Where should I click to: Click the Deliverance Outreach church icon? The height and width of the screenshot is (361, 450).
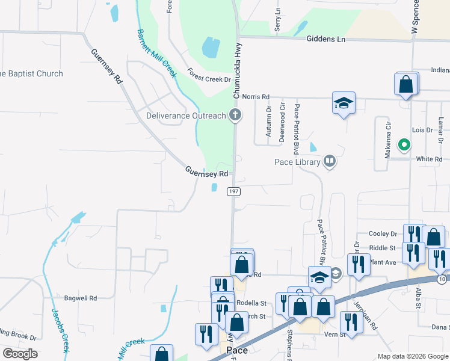point(236,116)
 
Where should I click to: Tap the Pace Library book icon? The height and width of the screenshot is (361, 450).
point(329,161)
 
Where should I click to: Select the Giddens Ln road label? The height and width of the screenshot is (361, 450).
point(326,39)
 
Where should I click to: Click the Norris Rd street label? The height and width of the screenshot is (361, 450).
point(257,96)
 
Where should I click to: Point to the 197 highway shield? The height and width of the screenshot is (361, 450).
point(233,191)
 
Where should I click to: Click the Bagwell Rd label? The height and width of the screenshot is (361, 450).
point(81,298)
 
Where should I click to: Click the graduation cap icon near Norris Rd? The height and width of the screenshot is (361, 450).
point(344,103)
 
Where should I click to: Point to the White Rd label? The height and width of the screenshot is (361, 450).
point(429,159)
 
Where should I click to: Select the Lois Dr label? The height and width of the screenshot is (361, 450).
point(422,130)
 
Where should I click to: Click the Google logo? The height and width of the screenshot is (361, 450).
point(20,354)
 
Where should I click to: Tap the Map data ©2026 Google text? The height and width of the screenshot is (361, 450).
point(412,356)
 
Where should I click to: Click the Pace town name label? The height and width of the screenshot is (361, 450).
point(237,350)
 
